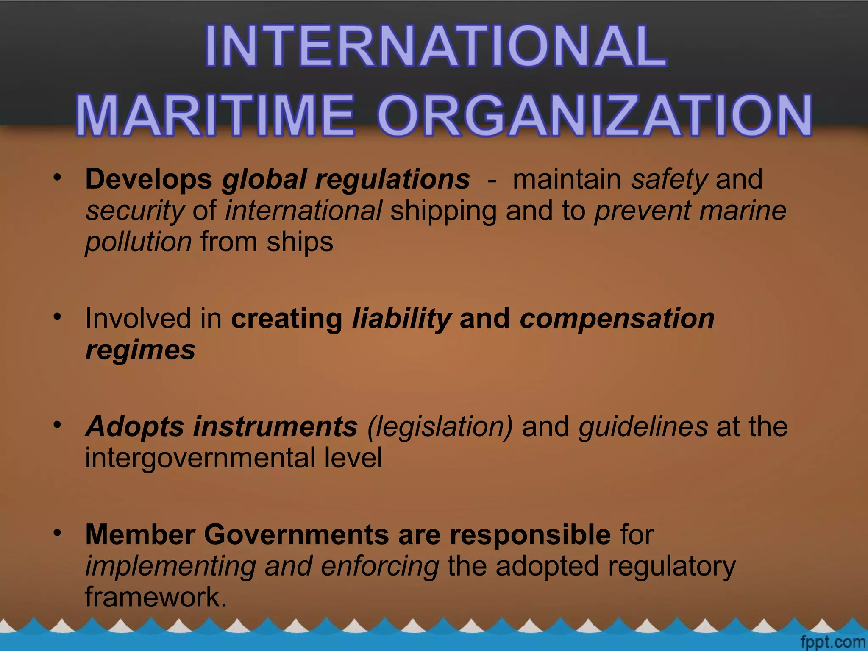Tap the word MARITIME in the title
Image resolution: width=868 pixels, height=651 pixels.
click(215, 115)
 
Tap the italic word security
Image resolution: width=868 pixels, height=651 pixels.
click(135, 211)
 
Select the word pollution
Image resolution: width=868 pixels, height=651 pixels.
click(139, 242)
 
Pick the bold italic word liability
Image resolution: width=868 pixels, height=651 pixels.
click(401, 319)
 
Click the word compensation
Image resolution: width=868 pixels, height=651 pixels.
click(617, 319)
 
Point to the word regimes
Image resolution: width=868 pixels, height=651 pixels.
click(140, 351)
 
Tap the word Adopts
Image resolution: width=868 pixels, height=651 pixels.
click(135, 427)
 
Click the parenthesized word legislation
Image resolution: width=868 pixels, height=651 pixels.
click(440, 427)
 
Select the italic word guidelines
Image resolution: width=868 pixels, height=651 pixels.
click(643, 427)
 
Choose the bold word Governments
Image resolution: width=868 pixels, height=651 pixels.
click(296, 534)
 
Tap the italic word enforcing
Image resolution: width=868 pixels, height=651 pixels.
click(380, 566)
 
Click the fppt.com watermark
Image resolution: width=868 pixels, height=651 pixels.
click(832, 642)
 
